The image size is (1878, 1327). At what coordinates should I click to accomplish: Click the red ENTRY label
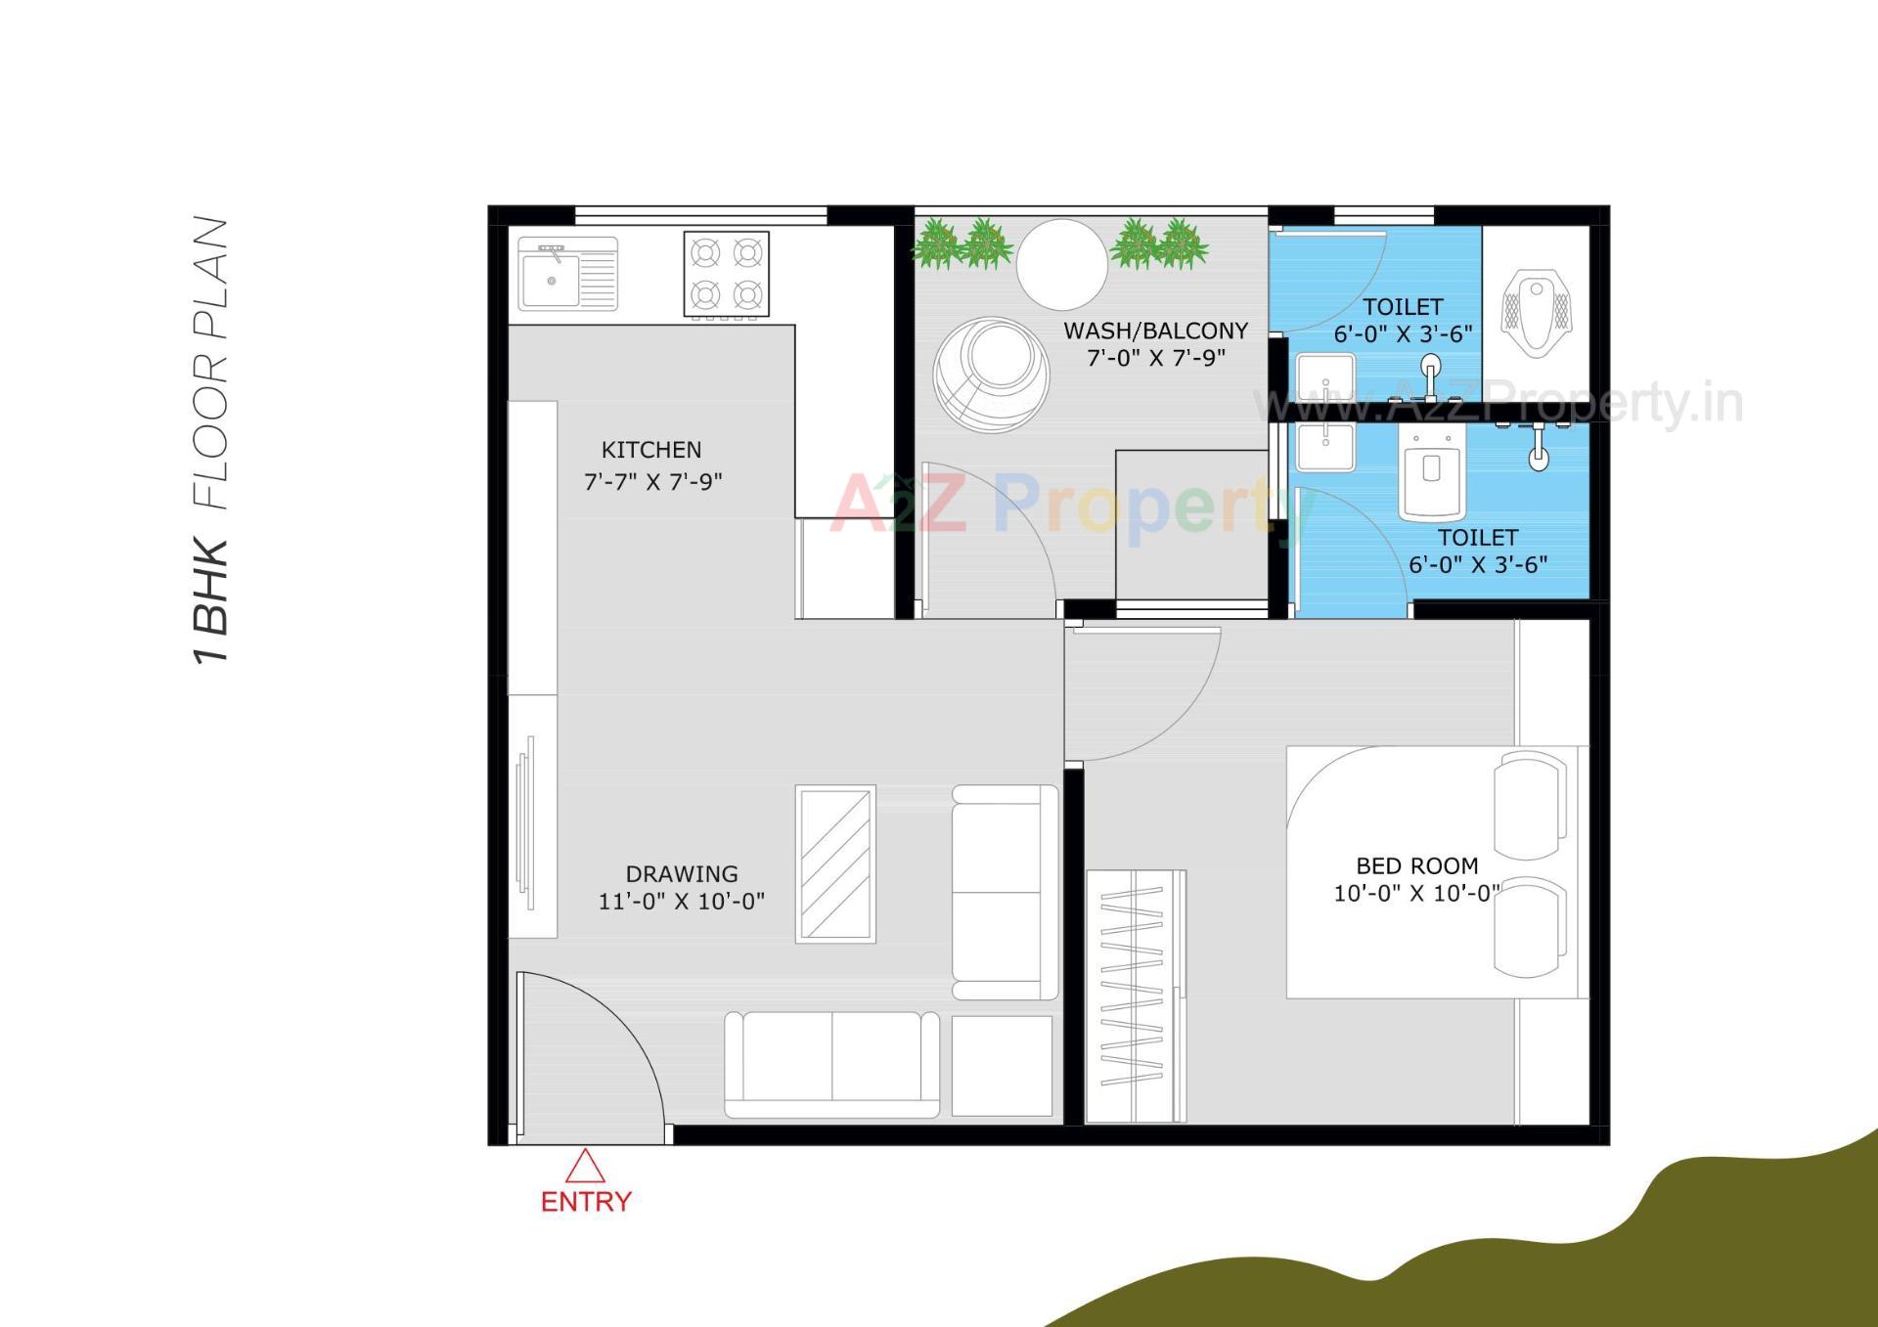586,1201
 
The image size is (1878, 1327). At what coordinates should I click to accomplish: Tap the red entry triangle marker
585,1166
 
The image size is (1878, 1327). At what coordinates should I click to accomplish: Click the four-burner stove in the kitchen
726,274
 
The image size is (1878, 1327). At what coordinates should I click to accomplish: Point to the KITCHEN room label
651,450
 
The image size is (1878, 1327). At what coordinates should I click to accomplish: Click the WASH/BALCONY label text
1155,331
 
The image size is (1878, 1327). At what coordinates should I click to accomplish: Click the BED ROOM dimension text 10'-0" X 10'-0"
1415,893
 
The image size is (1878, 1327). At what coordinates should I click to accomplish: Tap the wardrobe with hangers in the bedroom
1136,995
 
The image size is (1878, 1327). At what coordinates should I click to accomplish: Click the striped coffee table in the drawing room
835,863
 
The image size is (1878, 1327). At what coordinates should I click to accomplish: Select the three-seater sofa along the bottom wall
831,1065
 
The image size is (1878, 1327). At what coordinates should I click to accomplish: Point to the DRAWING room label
682,873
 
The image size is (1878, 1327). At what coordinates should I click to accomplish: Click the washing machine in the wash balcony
991,376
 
